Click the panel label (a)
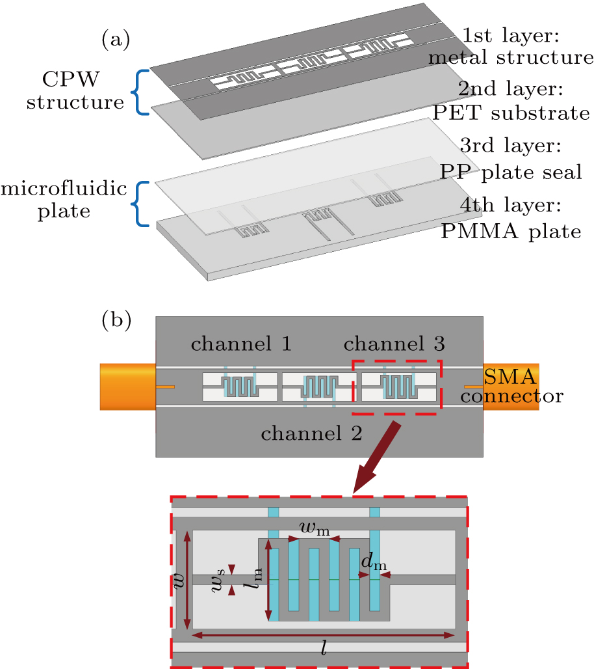point(116,40)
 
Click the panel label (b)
point(116,320)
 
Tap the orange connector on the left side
point(127,387)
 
